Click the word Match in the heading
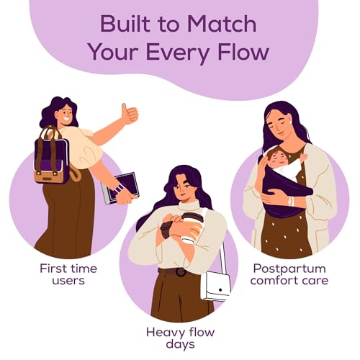click(222, 24)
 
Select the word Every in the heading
click(176, 54)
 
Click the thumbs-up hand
click(130, 114)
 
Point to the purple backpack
click(51, 156)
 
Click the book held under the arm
click(120, 189)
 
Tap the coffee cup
click(192, 228)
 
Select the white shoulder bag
click(215, 286)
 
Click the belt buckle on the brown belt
click(180, 272)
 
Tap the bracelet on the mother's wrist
click(291, 201)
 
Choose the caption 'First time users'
click(68, 274)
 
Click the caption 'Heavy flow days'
click(180, 338)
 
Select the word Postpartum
click(289, 269)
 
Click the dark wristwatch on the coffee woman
click(166, 230)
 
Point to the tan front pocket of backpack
click(49, 176)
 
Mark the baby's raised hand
click(305, 157)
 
